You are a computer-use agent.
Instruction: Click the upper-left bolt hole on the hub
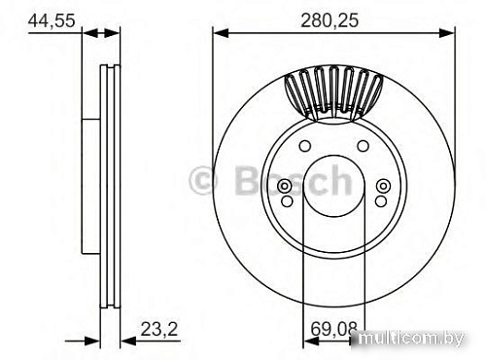[x=305, y=147]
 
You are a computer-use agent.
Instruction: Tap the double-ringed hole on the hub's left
[x=285, y=188]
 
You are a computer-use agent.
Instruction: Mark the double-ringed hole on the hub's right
[x=382, y=188]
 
